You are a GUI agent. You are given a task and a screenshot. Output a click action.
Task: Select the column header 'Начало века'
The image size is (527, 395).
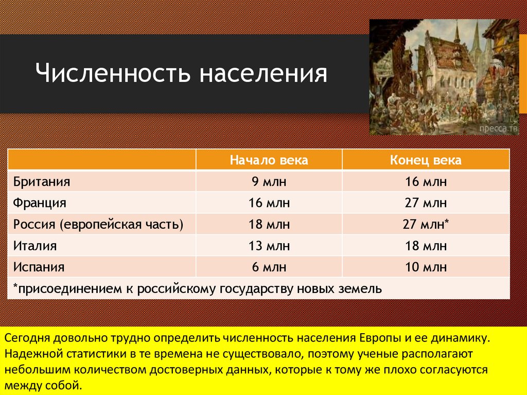(x=269, y=160)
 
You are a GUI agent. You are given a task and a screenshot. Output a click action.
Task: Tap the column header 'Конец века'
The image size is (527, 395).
(x=426, y=160)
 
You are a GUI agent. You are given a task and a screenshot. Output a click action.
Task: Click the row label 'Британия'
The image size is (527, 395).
(x=42, y=182)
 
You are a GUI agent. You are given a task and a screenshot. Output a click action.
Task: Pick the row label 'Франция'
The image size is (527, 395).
(x=40, y=203)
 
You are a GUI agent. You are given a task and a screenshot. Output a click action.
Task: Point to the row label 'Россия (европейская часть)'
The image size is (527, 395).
(x=98, y=225)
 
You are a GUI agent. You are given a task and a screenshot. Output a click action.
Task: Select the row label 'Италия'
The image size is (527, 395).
(x=35, y=246)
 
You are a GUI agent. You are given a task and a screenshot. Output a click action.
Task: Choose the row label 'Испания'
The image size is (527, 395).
(x=39, y=267)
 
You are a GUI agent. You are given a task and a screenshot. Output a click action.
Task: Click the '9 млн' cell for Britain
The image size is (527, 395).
(x=269, y=182)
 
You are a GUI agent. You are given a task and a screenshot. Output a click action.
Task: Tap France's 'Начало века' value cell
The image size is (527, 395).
(x=269, y=203)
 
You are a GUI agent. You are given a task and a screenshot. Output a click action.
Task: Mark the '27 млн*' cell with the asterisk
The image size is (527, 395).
(x=427, y=225)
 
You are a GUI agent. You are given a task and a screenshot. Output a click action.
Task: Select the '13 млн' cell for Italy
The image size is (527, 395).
(x=269, y=246)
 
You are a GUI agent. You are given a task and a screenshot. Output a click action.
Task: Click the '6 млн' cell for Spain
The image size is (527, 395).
(x=269, y=267)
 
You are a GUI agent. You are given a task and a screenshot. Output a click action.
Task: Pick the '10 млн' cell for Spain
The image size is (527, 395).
(x=426, y=267)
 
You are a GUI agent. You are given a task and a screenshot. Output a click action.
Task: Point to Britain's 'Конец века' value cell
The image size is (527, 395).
(x=426, y=182)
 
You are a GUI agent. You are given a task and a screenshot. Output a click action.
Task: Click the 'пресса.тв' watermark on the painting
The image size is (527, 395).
(x=498, y=127)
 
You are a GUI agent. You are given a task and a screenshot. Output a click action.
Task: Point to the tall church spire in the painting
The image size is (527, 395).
(x=456, y=33)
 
